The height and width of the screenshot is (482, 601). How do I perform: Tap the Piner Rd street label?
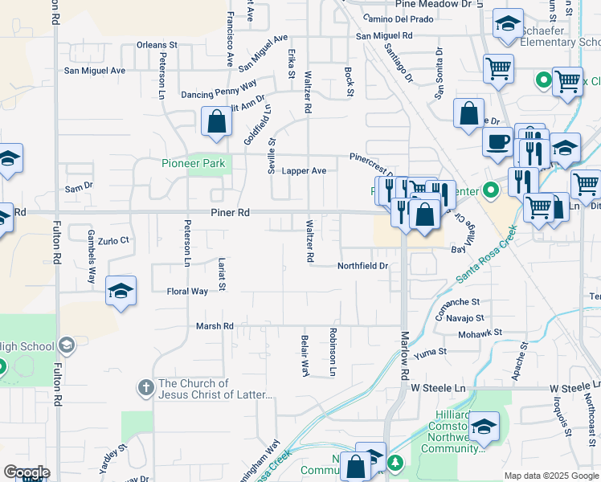pos(231,213)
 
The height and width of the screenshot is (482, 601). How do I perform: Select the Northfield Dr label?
pos(362,265)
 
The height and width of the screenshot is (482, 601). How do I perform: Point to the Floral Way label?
pos(187,291)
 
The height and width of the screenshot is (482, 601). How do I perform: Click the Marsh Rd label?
pos(215,326)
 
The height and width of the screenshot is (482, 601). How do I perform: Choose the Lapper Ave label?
pos(304,171)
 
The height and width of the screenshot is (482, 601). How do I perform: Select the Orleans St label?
pos(157,45)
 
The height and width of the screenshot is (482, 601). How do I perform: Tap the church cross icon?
pos(145,388)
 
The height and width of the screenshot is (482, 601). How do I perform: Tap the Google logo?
pos(27,472)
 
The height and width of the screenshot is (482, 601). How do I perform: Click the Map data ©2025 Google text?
pos(550,476)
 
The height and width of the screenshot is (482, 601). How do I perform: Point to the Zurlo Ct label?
pos(113,240)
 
